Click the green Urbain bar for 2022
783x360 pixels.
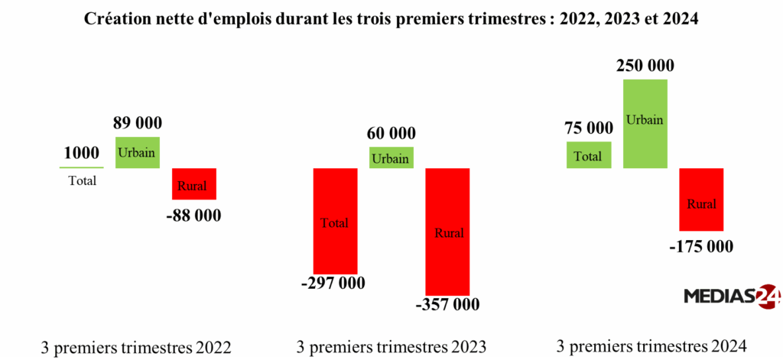point(137,152)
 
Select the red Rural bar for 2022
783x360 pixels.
point(194,184)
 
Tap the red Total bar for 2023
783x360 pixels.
point(335,220)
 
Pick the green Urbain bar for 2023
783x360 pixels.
point(391,157)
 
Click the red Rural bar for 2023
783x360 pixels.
point(447,232)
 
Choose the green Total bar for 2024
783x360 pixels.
point(588,154)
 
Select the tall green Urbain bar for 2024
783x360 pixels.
point(645,123)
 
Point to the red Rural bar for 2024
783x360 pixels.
point(701,199)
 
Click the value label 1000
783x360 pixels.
point(81,153)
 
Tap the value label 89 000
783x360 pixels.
point(138,123)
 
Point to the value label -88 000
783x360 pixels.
point(193,216)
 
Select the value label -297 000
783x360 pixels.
point(333,284)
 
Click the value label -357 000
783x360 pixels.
point(448,305)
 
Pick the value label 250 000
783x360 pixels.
point(645,66)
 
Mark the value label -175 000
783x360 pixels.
point(700,246)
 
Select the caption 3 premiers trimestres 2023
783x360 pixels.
point(391,347)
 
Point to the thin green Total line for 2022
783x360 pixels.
point(81,167)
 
